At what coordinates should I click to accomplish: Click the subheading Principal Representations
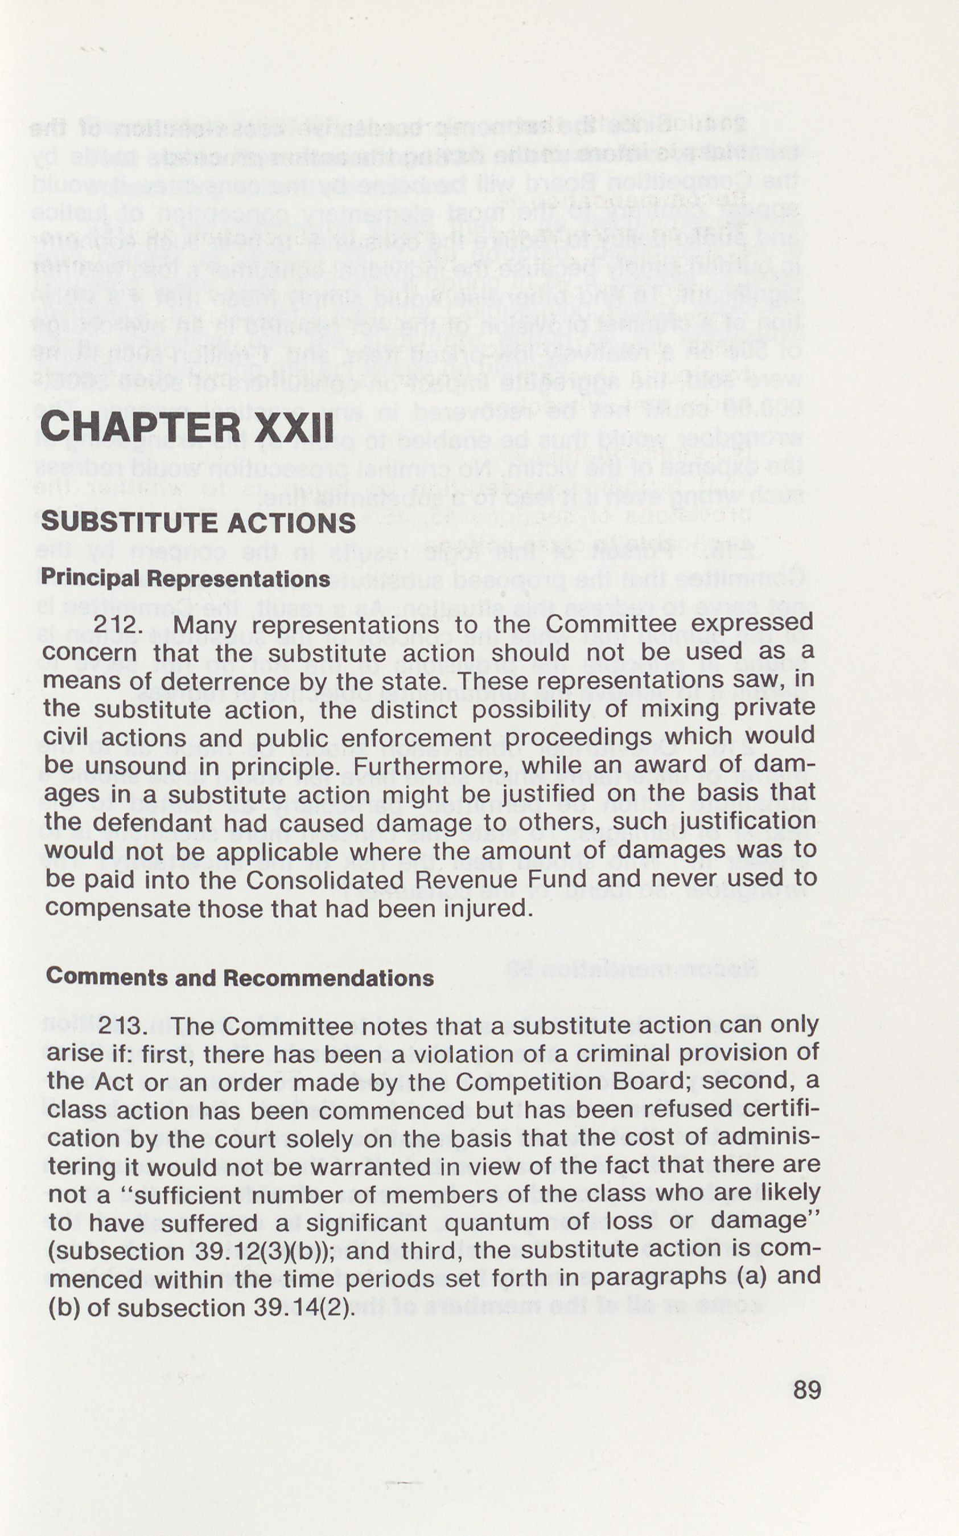point(185,578)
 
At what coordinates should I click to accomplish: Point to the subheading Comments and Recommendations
point(240,977)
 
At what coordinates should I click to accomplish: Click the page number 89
point(807,1390)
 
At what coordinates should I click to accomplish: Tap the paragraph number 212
point(116,625)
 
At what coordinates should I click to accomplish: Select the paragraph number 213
point(123,1025)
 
